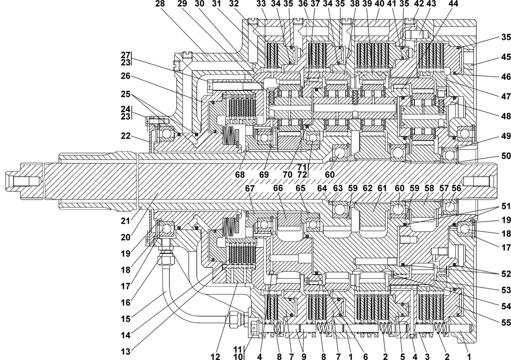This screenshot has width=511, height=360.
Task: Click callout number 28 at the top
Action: pyautogui.click(x=159, y=4)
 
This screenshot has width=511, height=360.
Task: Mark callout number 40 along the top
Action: pyautogui.click(x=379, y=4)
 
